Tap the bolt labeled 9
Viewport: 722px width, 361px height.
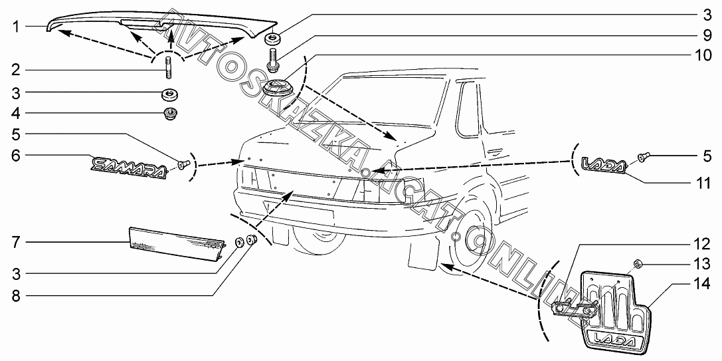(x=272, y=59)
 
